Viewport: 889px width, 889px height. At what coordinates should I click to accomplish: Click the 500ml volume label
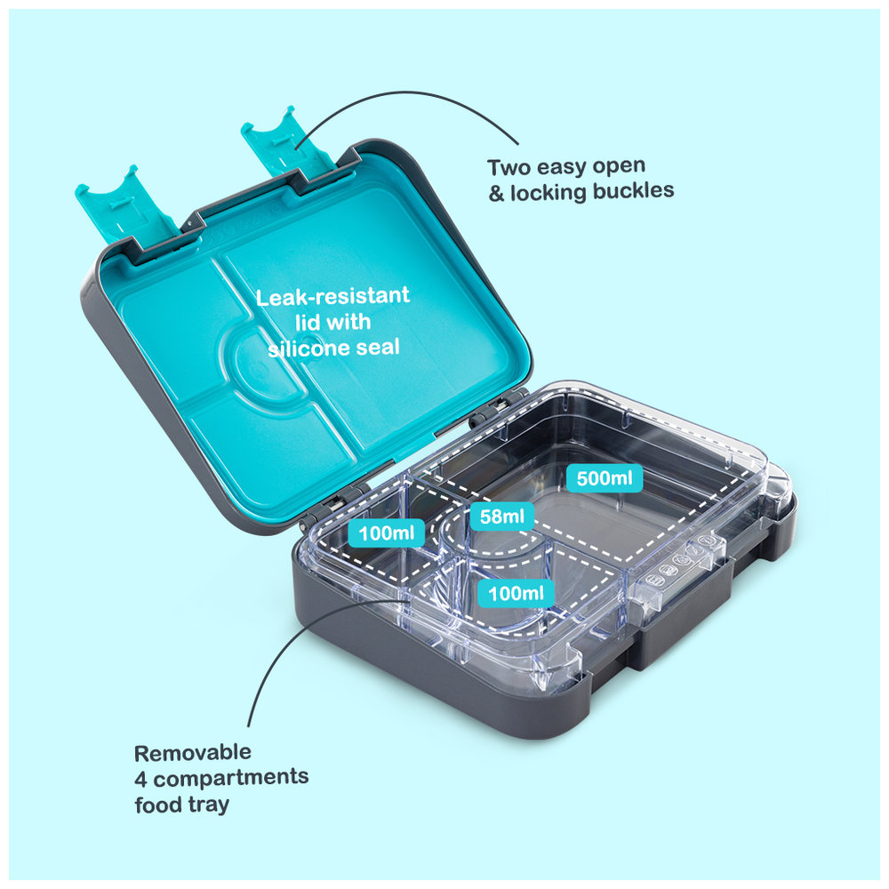pyautogui.click(x=605, y=478)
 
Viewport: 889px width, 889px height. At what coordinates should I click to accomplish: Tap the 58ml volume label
pyautogui.click(x=501, y=516)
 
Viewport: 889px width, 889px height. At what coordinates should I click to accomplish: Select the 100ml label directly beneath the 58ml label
pyautogui.click(x=516, y=593)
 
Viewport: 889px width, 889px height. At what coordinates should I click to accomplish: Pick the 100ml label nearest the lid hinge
pyautogui.click(x=387, y=533)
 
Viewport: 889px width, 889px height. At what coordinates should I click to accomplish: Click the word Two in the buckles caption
pyautogui.click(x=509, y=168)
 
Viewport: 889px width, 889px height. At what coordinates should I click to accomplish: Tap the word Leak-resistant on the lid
pyautogui.click(x=332, y=297)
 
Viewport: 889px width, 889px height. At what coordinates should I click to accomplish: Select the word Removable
pyautogui.click(x=193, y=753)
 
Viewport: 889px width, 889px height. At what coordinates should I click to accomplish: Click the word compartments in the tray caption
pyautogui.click(x=231, y=778)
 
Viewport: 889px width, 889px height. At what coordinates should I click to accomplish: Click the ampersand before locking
pyautogui.click(x=496, y=194)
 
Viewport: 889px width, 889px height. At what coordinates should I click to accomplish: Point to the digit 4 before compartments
pyautogui.click(x=140, y=780)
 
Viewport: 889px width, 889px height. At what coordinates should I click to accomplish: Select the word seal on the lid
pyautogui.click(x=378, y=347)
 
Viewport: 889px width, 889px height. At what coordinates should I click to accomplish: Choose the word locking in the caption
pyautogui.click(x=549, y=193)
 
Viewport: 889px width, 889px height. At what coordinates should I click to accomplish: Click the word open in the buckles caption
pyautogui.click(x=619, y=167)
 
